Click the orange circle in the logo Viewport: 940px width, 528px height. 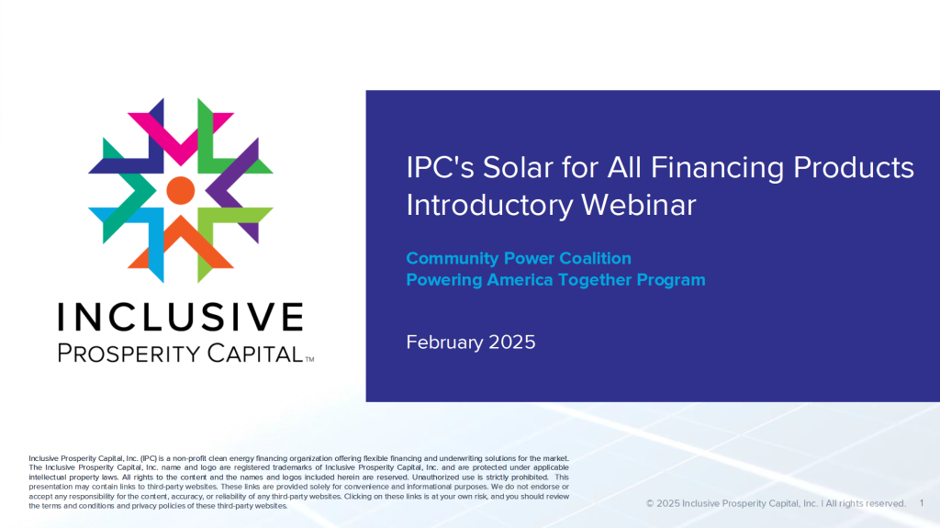point(181,190)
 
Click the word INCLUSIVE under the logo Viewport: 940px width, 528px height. point(181,317)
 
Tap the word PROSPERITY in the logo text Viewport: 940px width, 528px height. point(129,353)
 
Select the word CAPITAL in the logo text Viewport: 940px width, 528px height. point(255,353)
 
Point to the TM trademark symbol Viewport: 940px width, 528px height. point(309,360)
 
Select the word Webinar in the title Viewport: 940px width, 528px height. point(639,205)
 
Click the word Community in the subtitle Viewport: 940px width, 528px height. point(453,259)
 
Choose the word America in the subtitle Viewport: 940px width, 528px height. point(520,279)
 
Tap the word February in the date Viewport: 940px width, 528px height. point(445,342)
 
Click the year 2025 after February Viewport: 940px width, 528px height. point(512,342)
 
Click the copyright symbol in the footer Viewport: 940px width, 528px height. point(650,503)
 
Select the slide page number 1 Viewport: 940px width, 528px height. point(922,503)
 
